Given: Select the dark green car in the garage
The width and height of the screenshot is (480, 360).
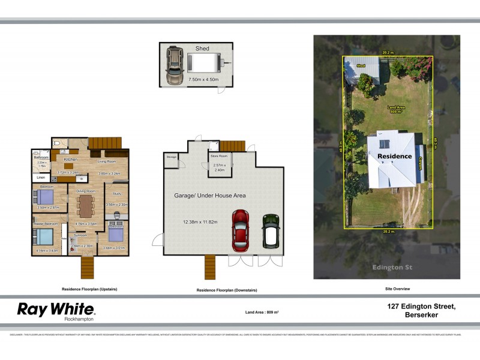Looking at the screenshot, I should click(271, 231).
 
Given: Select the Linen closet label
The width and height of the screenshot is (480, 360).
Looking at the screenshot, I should click(41, 178).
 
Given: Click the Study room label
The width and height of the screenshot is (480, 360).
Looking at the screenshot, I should click(116, 194).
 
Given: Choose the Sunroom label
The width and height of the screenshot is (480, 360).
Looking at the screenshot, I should click(80, 235).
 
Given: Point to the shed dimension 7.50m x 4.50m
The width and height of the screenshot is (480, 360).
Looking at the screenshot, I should click(196, 79).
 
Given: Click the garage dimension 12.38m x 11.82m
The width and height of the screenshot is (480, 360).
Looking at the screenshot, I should click(200, 222).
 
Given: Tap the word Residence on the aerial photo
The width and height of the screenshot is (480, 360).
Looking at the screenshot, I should click(394, 156).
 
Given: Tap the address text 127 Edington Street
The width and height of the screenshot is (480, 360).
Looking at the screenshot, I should click(421, 307).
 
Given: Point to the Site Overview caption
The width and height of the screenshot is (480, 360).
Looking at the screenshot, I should click(397, 289).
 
